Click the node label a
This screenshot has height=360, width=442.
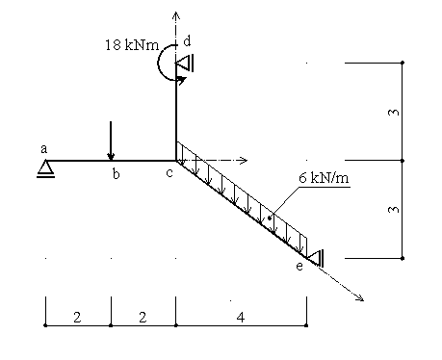pyautogui.click(x=44, y=149)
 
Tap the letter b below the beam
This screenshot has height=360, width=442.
pyautogui.click(x=116, y=174)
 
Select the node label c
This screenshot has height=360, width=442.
pyautogui.click(x=169, y=173)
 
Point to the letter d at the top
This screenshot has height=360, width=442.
pyautogui.click(x=187, y=41)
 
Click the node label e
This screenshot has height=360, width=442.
pyautogui.click(x=299, y=267)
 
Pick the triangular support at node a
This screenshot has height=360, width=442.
pyautogui.click(x=45, y=168)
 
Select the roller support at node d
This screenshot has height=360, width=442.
pyautogui.click(x=185, y=63)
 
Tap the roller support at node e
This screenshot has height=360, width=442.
pyautogui.click(x=316, y=258)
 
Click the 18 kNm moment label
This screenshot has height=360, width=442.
pyautogui.click(x=132, y=45)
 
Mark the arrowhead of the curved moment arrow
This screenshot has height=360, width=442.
pyautogui.click(x=182, y=80)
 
